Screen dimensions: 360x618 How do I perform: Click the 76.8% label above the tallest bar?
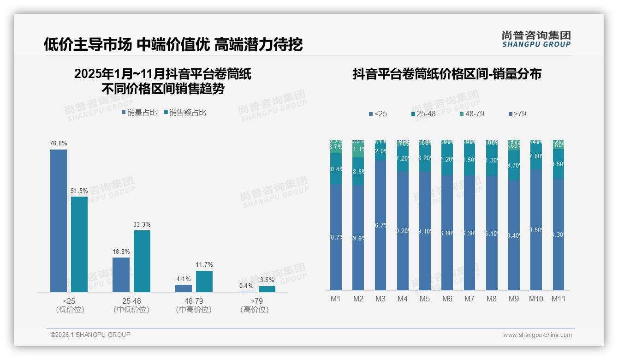(x=59, y=144)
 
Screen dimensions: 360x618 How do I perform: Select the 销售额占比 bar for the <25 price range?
(x=79, y=244)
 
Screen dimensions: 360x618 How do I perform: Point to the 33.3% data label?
(x=142, y=225)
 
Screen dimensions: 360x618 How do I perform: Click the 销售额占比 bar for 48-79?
(x=204, y=281)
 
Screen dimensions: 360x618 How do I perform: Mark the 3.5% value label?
(x=267, y=280)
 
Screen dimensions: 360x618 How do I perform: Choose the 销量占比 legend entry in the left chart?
(x=139, y=113)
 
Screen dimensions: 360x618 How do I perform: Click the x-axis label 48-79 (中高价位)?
(x=194, y=306)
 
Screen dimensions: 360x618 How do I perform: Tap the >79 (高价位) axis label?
(x=255, y=306)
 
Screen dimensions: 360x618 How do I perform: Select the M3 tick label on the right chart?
(x=380, y=299)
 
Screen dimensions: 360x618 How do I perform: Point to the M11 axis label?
(x=559, y=299)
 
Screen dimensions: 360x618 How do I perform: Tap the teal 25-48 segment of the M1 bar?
(x=336, y=169)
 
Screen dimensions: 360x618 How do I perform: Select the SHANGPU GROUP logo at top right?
(x=536, y=39)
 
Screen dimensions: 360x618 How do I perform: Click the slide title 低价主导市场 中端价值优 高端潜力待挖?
(x=173, y=45)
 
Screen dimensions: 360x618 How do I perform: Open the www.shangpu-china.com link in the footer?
(x=537, y=335)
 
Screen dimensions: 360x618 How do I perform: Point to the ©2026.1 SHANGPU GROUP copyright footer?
(x=90, y=335)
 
